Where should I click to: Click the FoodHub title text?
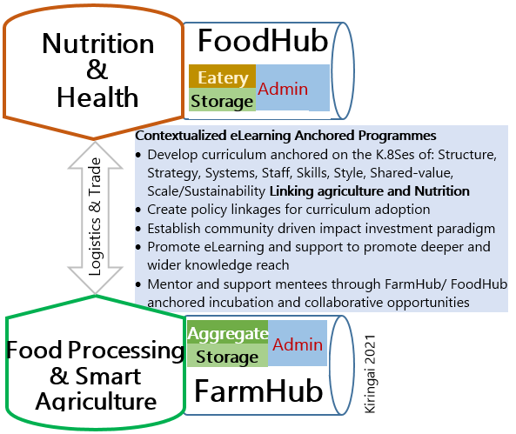[263, 41]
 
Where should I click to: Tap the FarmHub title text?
[258, 391]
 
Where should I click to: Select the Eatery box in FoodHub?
[223, 77]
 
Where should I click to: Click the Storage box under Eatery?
[222, 100]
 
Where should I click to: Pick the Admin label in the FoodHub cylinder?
[283, 89]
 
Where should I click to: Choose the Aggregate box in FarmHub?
[228, 332]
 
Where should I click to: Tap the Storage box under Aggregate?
[228, 356]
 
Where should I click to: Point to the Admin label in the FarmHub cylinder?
[298, 344]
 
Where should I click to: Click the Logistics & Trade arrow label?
[95, 217]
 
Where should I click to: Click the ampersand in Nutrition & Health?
[97, 70]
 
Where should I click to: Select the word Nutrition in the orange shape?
[98, 43]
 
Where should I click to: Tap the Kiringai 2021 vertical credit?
[370, 374]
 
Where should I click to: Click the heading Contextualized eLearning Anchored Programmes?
[285, 135]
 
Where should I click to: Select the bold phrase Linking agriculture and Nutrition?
[370, 191]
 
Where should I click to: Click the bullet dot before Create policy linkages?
[138, 210]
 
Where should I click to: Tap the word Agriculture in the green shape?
[96, 402]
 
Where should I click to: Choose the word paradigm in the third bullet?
[466, 229]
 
